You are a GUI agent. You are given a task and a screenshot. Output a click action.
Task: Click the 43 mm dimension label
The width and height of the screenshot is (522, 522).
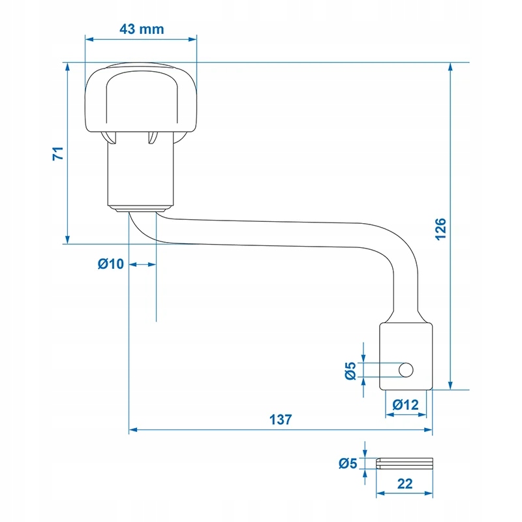pyautogui.click(x=142, y=29)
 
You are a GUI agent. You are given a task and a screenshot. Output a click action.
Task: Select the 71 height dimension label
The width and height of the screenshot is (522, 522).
pyautogui.click(x=58, y=153)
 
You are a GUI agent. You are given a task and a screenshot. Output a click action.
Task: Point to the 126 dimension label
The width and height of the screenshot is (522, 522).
pyautogui.click(x=440, y=229)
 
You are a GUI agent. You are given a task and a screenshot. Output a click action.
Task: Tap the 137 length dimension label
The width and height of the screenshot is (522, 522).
pyautogui.click(x=281, y=420)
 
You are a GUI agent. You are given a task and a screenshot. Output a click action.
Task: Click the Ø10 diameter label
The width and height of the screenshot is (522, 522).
pyautogui.click(x=110, y=264)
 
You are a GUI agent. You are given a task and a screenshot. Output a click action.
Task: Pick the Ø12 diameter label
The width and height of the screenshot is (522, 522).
pyautogui.click(x=405, y=405)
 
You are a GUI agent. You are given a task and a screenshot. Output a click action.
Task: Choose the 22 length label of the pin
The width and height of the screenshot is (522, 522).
pyautogui.click(x=405, y=484)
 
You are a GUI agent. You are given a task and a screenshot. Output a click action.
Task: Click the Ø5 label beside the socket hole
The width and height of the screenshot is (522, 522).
pyautogui.click(x=350, y=371)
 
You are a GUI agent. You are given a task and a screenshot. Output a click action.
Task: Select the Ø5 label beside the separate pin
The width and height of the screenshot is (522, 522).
pyautogui.click(x=348, y=463)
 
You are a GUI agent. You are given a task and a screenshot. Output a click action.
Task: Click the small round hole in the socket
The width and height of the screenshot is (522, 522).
pyautogui.click(x=406, y=370)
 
